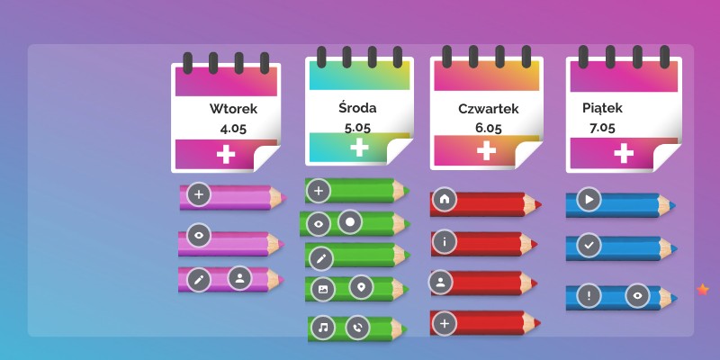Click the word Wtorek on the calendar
(x=233, y=109)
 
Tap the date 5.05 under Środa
(x=357, y=127)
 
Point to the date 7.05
(x=602, y=128)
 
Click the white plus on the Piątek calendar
(x=623, y=155)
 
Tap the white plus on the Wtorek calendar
(x=226, y=155)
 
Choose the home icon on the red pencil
(x=444, y=199)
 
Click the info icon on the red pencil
(x=444, y=241)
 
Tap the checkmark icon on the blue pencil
(x=588, y=245)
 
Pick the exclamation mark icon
(x=588, y=294)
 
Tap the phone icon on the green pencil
(x=358, y=328)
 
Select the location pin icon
(x=360, y=288)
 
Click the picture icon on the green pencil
(x=320, y=288)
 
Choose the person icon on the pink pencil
(x=239, y=277)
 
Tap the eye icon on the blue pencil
(x=637, y=294)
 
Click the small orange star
(x=703, y=289)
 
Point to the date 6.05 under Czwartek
(x=488, y=128)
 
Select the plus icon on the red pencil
(x=443, y=322)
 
